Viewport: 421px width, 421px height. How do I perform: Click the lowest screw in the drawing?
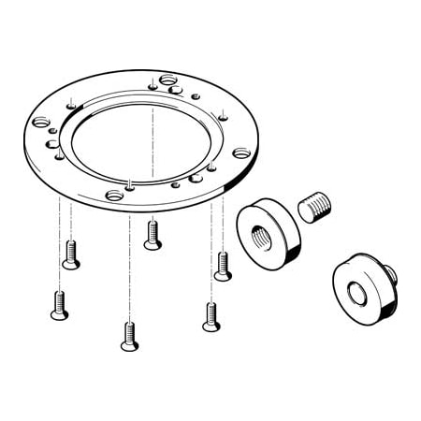tap(129, 336)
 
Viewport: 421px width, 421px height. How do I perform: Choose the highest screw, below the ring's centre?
tap(152, 235)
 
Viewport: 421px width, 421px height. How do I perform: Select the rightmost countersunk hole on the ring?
tap(241, 152)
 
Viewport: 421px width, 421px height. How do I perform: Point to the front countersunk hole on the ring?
tap(114, 195)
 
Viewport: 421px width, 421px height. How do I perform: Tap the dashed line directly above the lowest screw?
tap(129, 271)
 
